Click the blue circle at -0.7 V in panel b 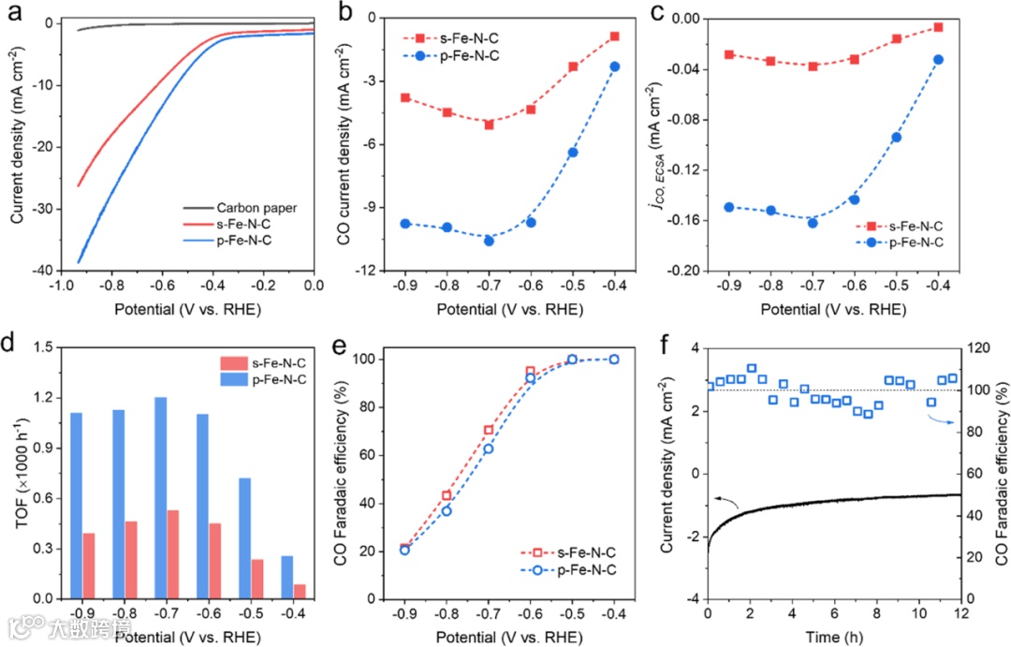489,241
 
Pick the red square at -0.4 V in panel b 614,37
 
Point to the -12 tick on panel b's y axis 368,271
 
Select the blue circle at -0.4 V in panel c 938,60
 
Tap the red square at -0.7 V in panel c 813,66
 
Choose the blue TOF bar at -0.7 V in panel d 161,497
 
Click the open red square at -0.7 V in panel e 489,430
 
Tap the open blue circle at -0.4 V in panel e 614,359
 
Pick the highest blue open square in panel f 752,368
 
